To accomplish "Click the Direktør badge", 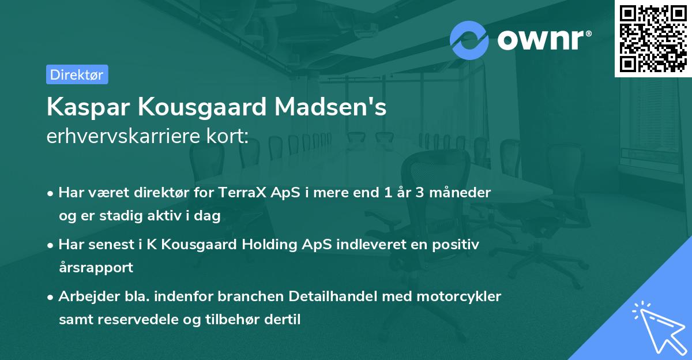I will coord(77,74).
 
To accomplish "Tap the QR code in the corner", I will coord(653,39).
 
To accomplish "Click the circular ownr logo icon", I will coord(469,40).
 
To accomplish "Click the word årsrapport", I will coord(96,267).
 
